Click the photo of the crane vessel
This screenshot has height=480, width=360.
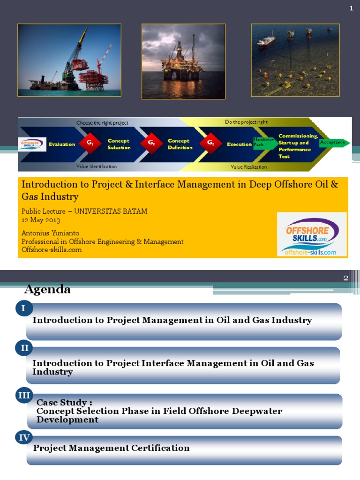(x=69, y=60)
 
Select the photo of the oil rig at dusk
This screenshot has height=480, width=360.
(x=183, y=61)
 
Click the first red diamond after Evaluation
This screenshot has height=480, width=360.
(x=90, y=144)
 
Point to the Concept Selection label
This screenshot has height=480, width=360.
(x=119, y=144)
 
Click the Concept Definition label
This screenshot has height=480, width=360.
(x=180, y=144)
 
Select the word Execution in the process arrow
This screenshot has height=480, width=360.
(x=239, y=144)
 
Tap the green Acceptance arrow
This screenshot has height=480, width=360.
(x=333, y=142)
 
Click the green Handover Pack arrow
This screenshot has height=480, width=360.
(x=263, y=142)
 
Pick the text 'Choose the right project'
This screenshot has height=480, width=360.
(x=102, y=123)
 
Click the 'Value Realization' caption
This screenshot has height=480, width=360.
(x=248, y=166)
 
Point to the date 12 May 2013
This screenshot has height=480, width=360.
(x=41, y=220)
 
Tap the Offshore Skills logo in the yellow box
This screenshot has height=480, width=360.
(x=312, y=234)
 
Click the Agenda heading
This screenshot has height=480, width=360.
(x=47, y=290)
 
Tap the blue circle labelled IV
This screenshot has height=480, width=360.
(x=24, y=438)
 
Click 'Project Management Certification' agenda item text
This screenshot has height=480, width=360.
(x=111, y=448)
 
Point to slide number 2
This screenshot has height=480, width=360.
(x=346, y=278)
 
